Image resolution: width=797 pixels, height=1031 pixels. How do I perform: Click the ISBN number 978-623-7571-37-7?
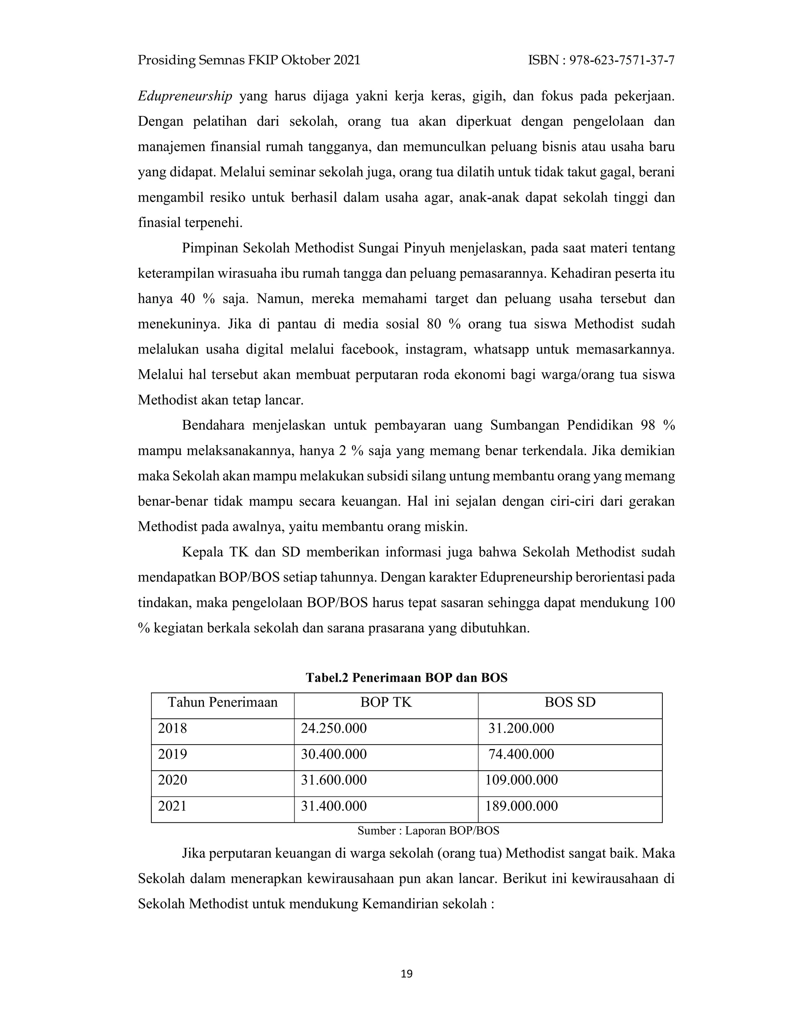point(622,60)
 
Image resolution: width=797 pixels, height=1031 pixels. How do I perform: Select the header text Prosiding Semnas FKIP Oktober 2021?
point(249,60)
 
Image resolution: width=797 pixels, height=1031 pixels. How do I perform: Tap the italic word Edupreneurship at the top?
point(184,96)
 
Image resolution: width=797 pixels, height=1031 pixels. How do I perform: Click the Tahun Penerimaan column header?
point(222,702)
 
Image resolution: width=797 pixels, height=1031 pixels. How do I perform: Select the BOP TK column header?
point(386,702)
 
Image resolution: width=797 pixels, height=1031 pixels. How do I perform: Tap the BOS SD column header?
point(570,702)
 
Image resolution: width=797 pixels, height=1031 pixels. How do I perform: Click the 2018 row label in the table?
point(172,728)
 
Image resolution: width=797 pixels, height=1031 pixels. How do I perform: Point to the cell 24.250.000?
point(334,728)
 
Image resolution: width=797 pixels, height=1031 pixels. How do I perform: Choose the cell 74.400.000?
point(521,754)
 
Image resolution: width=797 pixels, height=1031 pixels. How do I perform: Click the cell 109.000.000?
point(521,780)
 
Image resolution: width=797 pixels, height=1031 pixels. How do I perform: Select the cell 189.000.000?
point(521,806)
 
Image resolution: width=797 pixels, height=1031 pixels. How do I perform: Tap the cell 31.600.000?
point(334,780)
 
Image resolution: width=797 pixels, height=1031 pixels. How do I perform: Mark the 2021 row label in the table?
point(172,806)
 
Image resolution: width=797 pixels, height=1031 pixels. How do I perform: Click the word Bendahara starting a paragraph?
point(213,426)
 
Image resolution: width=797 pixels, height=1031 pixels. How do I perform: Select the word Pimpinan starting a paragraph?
point(209,248)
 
